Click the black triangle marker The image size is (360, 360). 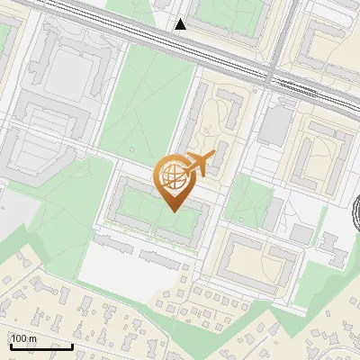(181, 24)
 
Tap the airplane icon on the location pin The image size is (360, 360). (199, 165)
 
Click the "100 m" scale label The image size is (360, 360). (23, 338)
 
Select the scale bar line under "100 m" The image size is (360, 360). (41, 346)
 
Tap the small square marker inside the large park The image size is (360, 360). (132, 149)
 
